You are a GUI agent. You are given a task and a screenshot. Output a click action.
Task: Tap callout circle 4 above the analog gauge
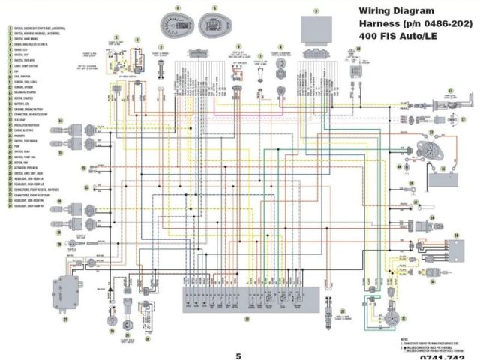pos(178,7)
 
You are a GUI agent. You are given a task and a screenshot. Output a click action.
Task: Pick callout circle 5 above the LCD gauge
pos(214,8)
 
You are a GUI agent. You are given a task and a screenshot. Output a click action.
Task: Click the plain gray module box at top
pos(315,30)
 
